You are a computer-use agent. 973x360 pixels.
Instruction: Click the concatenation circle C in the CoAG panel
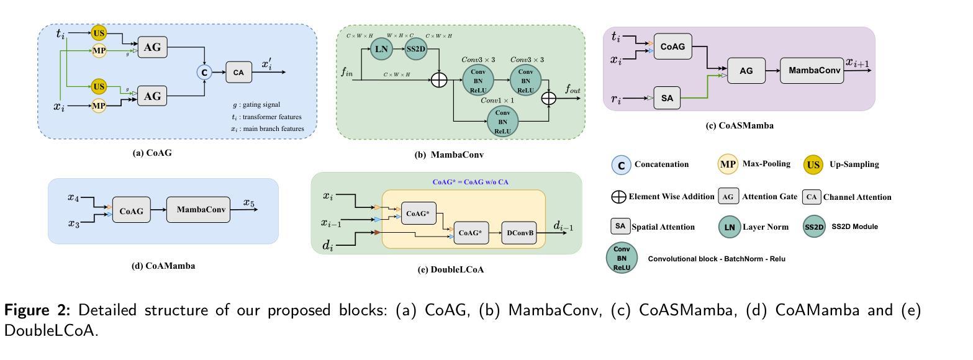[x=204, y=73]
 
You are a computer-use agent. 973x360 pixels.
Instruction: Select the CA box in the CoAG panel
[x=238, y=73]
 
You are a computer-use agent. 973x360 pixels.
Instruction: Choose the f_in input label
[x=347, y=73]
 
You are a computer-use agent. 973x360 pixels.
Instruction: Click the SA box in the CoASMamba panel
[x=667, y=98]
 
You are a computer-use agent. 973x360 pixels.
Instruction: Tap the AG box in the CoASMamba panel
[x=746, y=71]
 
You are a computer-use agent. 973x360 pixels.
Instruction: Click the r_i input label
[x=617, y=97]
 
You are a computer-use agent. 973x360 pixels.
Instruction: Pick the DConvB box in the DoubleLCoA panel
[x=518, y=233]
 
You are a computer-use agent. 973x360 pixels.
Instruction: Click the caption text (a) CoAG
[x=152, y=153]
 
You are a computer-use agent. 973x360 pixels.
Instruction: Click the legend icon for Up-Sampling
[x=813, y=164]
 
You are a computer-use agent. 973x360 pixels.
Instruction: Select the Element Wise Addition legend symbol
[x=618, y=197]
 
